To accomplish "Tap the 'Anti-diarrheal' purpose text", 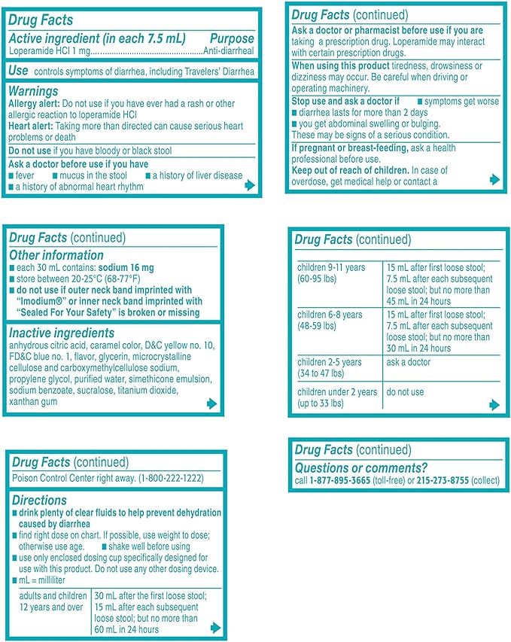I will pos(229,51).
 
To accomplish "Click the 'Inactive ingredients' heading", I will pos(61,333).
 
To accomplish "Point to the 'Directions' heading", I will pos(38,500).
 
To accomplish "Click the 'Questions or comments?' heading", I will pos(360,467).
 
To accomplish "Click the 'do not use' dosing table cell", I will pos(406,392).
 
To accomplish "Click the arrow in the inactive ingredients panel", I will pos(211,404).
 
